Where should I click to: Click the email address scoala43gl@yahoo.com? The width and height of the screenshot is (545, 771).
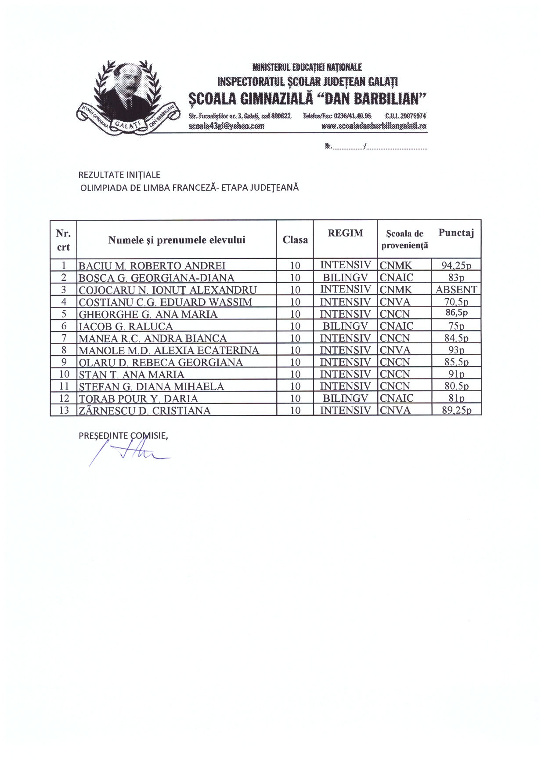coord(226,126)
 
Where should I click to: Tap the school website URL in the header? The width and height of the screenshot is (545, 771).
coord(374,126)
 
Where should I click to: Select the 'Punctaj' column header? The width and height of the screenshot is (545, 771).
coord(456,233)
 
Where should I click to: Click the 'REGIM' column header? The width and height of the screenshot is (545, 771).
coord(345,233)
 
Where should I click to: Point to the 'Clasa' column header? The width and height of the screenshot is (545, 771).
coord(295,240)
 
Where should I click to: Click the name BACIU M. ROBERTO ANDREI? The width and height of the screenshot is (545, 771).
coord(152,265)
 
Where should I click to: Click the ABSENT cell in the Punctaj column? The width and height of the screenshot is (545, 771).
coord(456,290)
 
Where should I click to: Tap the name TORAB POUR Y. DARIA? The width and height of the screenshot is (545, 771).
coord(138,399)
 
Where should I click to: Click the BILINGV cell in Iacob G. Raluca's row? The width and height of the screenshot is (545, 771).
coord(345,326)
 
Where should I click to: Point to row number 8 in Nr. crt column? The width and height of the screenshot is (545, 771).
coord(64,350)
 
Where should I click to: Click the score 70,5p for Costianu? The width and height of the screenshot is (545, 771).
coord(456,302)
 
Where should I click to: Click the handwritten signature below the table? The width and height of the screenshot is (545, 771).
coord(132,453)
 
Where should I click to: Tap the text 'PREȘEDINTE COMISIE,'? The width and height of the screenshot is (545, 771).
coord(123,436)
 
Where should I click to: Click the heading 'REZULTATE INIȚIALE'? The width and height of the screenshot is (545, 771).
coord(119,175)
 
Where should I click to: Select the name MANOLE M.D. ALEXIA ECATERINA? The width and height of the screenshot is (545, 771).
coord(169,350)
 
